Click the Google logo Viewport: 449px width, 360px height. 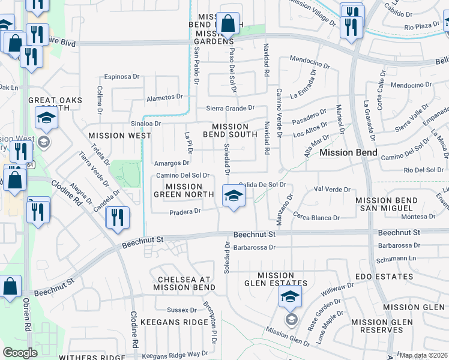(x=20, y=353)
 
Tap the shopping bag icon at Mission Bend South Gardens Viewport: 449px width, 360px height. (x=228, y=25)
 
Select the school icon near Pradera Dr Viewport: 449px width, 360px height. (x=233, y=196)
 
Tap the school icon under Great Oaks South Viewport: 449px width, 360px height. (x=46, y=119)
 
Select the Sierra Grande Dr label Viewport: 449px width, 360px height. (x=231, y=108)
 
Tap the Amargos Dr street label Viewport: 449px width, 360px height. (x=172, y=163)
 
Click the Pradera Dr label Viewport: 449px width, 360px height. (x=185, y=212)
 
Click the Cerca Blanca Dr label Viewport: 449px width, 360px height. (x=317, y=218)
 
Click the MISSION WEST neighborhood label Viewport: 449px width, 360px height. (x=119, y=136)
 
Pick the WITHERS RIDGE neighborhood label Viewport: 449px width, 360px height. (x=92, y=357)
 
